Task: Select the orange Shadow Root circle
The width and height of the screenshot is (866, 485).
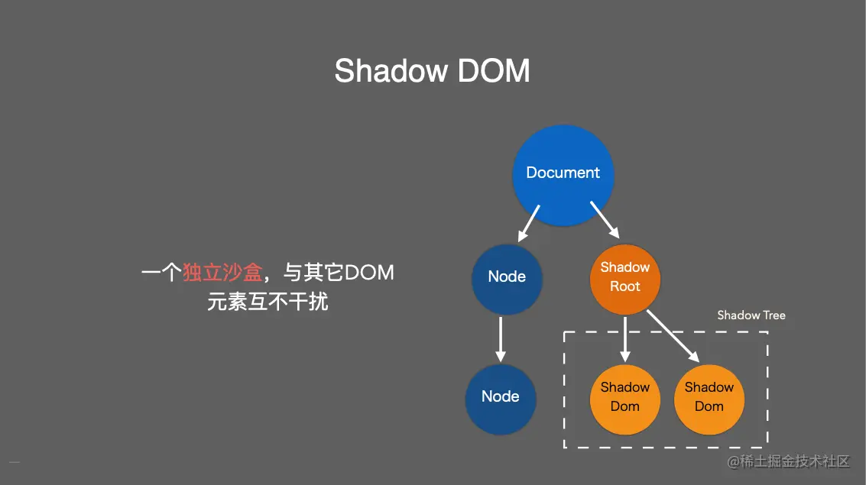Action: [625, 280]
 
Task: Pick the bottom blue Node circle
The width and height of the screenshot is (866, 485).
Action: [501, 398]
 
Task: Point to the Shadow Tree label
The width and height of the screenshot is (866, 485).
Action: [751, 315]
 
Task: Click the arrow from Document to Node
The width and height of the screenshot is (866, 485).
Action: [530, 222]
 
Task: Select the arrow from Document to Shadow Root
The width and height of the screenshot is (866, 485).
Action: [605, 221]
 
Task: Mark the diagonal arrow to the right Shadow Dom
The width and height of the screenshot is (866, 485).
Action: [673, 336]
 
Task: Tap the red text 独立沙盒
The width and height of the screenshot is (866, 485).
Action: [222, 273]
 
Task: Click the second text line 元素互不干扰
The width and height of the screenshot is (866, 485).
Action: [268, 302]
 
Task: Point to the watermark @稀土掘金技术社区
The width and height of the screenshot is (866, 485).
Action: [788, 461]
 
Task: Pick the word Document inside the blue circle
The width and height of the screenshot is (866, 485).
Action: [563, 173]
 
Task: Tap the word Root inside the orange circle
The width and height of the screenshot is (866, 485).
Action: [625, 287]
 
